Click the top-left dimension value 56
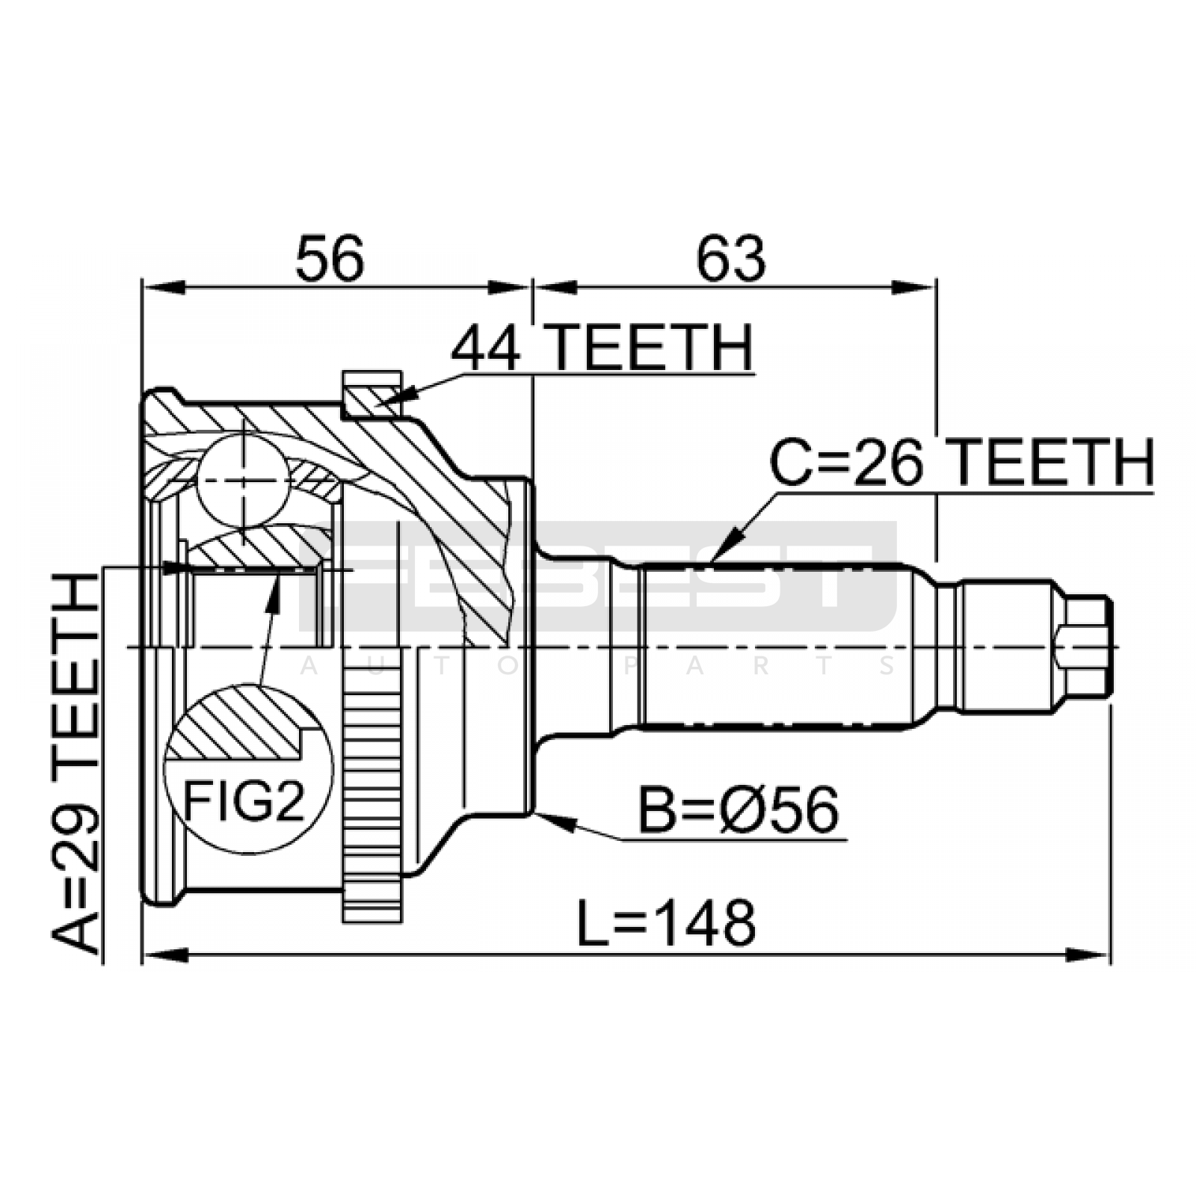pyautogui.click(x=330, y=258)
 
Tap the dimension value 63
pyautogui.click(x=731, y=258)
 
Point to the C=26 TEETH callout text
pyautogui.click(x=962, y=463)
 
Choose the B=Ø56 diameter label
pyautogui.click(x=739, y=811)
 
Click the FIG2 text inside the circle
pyautogui.click(x=244, y=801)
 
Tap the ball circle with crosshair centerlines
pyautogui.click(x=243, y=480)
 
